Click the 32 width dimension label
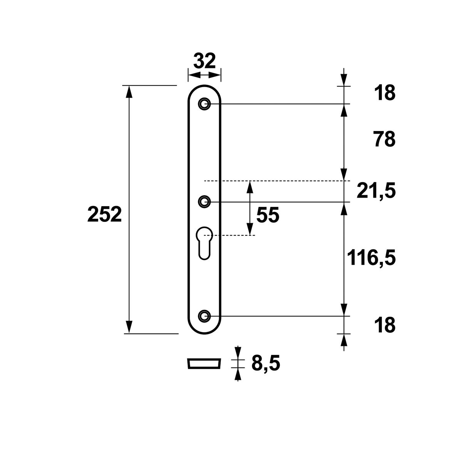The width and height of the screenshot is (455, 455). point(205,61)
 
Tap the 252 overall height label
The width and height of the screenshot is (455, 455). point(104,215)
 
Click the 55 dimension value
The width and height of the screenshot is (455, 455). point(267,215)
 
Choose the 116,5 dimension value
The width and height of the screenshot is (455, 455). point(371,258)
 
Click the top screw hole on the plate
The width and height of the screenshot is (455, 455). point(204,104)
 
